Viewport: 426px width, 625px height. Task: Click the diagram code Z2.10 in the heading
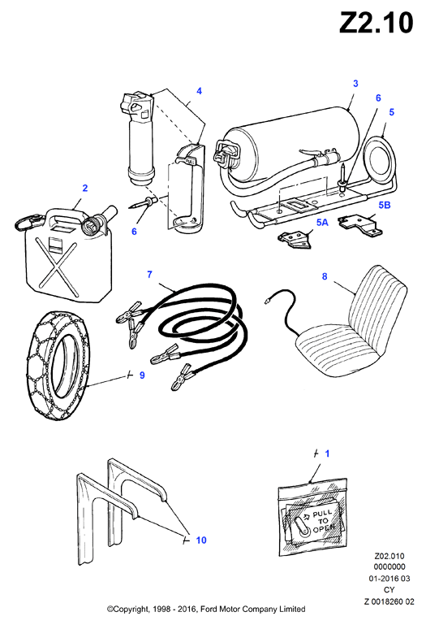pyautogui.click(x=377, y=23)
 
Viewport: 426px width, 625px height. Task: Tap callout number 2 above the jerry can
pyautogui.click(x=85, y=188)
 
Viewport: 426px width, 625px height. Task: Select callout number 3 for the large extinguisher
pyautogui.click(x=355, y=84)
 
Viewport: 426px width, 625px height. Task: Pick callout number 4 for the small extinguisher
pyautogui.click(x=199, y=91)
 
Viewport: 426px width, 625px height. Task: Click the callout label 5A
pyautogui.click(x=322, y=223)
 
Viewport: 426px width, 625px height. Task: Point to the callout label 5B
pyautogui.click(x=384, y=205)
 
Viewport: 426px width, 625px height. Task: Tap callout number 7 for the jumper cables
pyautogui.click(x=149, y=274)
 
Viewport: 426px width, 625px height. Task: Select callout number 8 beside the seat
pyautogui.click(x=325, y=276)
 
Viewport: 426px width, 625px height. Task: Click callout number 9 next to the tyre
pyautogui.click(x=142, y=375)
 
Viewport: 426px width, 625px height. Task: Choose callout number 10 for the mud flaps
pyautogui.click(x=201, y=540)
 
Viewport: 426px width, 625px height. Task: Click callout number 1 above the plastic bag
pyautogui.click(x=327, y=454)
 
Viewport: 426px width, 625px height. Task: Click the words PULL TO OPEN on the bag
pyautogui.click(x=322, y=521)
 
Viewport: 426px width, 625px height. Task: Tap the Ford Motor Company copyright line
pyautogui.click(x=206, y=609)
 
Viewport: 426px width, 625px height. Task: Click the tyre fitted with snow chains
pyautogui.click(x=57, y=365)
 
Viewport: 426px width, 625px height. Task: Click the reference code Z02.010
pyautogui.click(x=389, y=556)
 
